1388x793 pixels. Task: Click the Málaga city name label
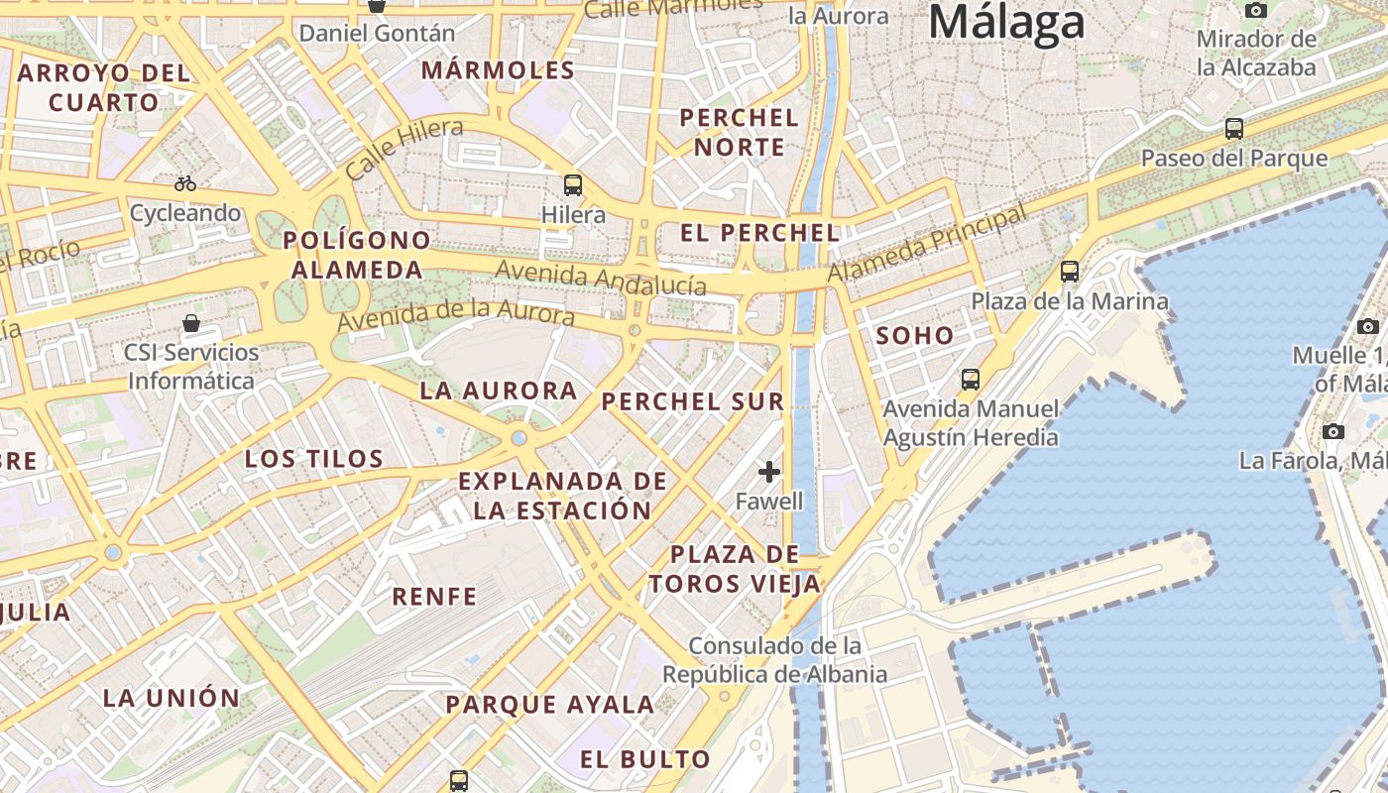point(1006,22)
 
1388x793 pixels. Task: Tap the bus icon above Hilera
point(573,184)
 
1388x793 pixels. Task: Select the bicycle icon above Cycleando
point(185,183)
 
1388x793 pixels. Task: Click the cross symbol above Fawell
point(769,472)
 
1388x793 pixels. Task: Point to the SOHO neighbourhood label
point(915,336)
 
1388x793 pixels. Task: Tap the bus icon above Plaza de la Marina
point(1070,271)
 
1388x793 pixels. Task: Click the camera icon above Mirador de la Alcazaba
point(1256,10)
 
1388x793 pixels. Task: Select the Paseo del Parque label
point(1233,159)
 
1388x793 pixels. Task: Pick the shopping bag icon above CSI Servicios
point(191,323)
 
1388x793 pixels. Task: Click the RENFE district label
point(434,597)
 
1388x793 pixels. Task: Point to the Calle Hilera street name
point(405,148)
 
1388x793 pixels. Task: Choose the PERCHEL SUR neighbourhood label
point(693,401)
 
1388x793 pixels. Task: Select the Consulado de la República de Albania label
point(775,660)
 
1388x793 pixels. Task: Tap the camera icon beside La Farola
point(1333,431)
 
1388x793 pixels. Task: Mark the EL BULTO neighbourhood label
point(645,760)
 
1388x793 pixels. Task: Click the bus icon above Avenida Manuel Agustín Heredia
point(971,379)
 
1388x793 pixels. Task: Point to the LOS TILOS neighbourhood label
point(314,459)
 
